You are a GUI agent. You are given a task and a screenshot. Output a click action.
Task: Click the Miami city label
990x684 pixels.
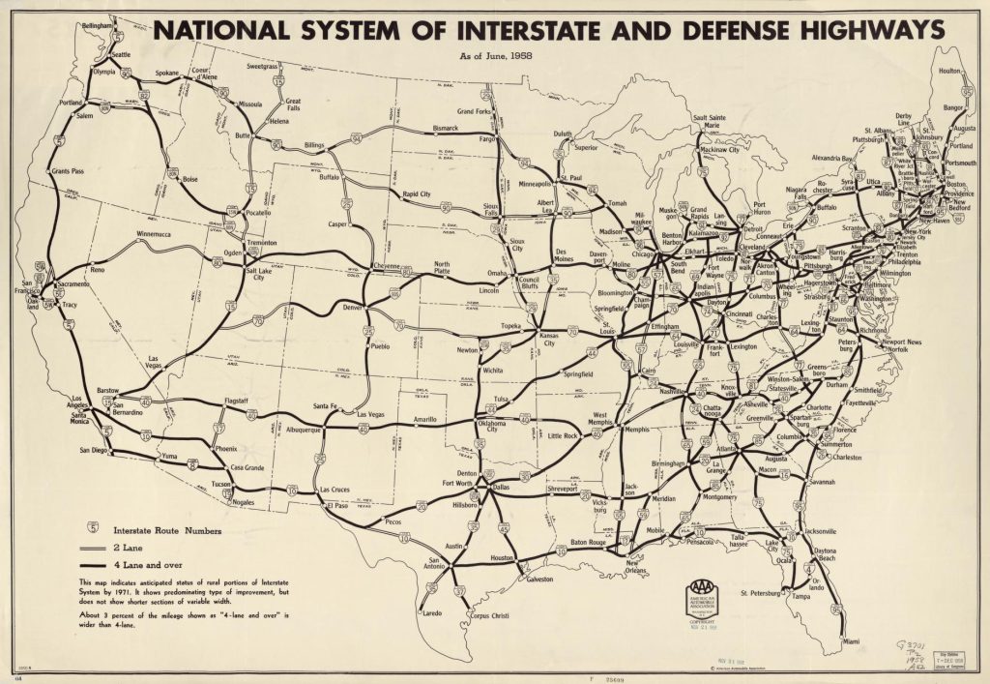[x=850, y=640]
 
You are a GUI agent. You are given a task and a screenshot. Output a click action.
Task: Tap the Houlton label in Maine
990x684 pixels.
[x=950, y=71]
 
